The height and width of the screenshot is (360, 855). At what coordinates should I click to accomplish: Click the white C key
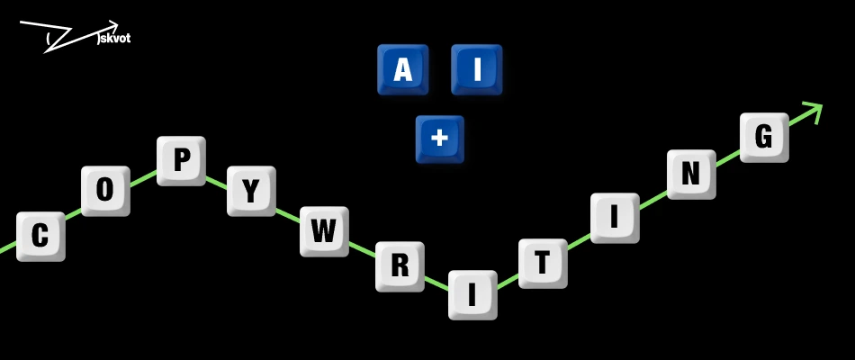(x=40, y=237)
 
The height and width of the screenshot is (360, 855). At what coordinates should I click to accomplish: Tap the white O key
(x=105, y=191)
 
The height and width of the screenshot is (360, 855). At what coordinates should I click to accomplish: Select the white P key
(x=181, y=161)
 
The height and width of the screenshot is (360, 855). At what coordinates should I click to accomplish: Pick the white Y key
(x=251, y=191)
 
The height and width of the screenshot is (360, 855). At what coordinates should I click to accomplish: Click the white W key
(x=324, y=231)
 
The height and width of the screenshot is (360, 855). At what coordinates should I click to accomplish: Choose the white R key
(x=400, y=266)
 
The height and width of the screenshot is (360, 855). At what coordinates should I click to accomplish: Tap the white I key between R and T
(x=472, y=295)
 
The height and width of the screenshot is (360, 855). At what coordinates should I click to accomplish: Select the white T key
(x=543, y=264)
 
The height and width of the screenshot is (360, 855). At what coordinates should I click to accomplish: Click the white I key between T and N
(x=615, y=218)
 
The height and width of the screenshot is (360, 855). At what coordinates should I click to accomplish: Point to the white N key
(x=691, y=174)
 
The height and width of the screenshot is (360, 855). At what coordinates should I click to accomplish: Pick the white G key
(x=764, y=138)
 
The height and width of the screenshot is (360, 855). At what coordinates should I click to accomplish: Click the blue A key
(x=403, y=70)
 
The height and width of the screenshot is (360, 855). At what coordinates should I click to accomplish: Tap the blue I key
(x=477, y=70)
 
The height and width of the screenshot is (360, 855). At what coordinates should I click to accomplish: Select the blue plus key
(x=439, y=139)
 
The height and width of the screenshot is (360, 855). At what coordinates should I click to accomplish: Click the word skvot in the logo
(x=115, y=39)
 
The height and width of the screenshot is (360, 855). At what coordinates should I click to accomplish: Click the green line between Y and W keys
(x=287, y=215)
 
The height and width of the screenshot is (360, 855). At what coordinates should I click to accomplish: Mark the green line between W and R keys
(x=362, y=248)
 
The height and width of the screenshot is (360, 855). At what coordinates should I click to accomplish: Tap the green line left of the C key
(x=8, y=248)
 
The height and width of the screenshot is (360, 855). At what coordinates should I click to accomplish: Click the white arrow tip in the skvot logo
(x=118, y=24)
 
